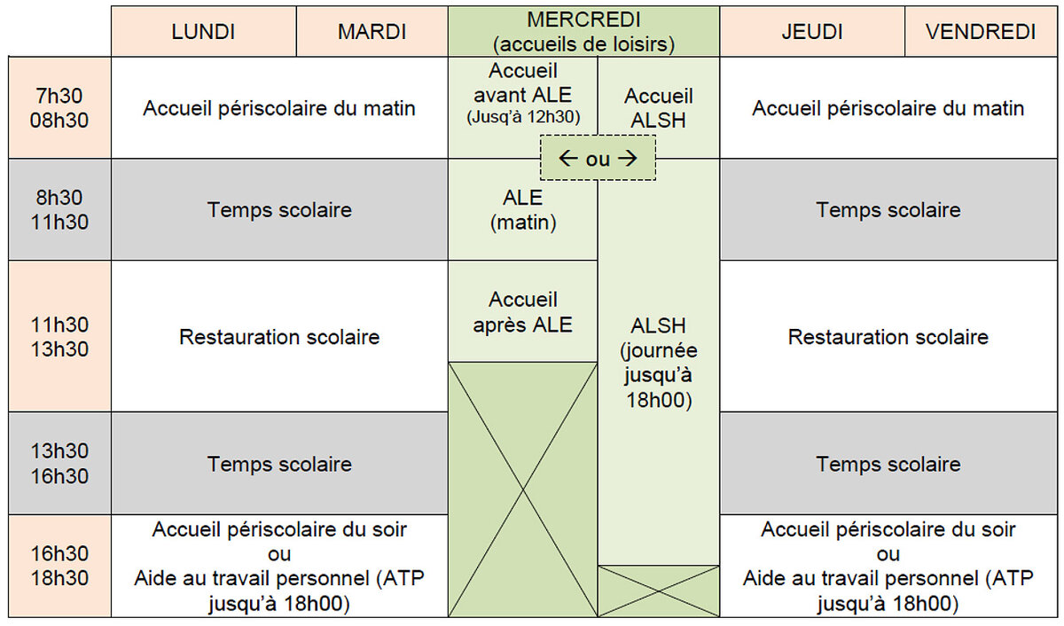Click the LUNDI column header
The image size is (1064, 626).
click(x=204, y=31)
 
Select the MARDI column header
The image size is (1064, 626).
click(x=372, y=31)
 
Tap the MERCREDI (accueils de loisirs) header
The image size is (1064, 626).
click(x=583, y=31)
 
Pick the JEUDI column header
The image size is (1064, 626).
click(x=812, y=31)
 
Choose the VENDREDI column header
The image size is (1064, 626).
click(x=981, y=31)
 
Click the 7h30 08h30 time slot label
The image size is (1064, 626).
click(x=59, y=108)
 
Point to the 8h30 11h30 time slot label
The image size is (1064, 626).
click(x=59, y=209)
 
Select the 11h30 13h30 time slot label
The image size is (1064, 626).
click(x=59, y=336)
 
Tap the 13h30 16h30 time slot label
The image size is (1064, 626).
click(x=59, y=463)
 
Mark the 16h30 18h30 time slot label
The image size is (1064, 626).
click(x=59, y=566)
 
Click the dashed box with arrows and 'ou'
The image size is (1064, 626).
click(x=598, y=158)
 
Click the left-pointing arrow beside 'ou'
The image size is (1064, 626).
click(x=568, y=158)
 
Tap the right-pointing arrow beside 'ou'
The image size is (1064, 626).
click(x=628, y=158)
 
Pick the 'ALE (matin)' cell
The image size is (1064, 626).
click(x=522, y=209)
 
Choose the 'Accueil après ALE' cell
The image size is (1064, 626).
click(x=522, y=311)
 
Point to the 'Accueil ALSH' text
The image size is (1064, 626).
click(x=658, y=108)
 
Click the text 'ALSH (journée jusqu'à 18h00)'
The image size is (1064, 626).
click(x=658, y=363)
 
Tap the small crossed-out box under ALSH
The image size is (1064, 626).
click(x=658, y=591)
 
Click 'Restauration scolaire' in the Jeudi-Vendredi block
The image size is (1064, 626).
click(x=888, y=337)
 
